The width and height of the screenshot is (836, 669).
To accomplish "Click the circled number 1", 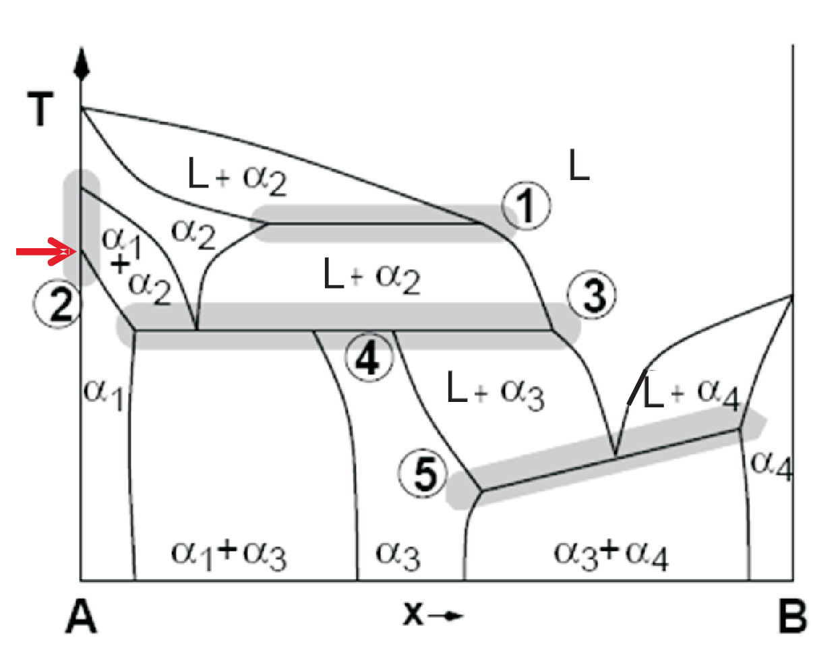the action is pos(527,206).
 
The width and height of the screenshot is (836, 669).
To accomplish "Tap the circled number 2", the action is pos(57,303).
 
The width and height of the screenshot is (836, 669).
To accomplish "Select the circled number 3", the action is pos(592,295).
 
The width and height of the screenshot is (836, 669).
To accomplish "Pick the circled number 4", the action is pos(369,357).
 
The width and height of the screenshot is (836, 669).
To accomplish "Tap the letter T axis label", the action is pos(40,109).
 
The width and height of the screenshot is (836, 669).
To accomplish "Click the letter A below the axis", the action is pos(81,617).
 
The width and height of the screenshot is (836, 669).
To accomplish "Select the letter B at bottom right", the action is pos(793,617).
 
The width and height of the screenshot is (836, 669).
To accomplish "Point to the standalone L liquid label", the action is pos(579,165).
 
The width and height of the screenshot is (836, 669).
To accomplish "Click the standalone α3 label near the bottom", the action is pos(398,555).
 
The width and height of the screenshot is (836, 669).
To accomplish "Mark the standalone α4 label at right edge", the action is pos(771,465).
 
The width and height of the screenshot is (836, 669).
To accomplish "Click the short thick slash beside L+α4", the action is pos(638,387).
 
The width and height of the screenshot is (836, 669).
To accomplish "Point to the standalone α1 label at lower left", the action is pos(104,394).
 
